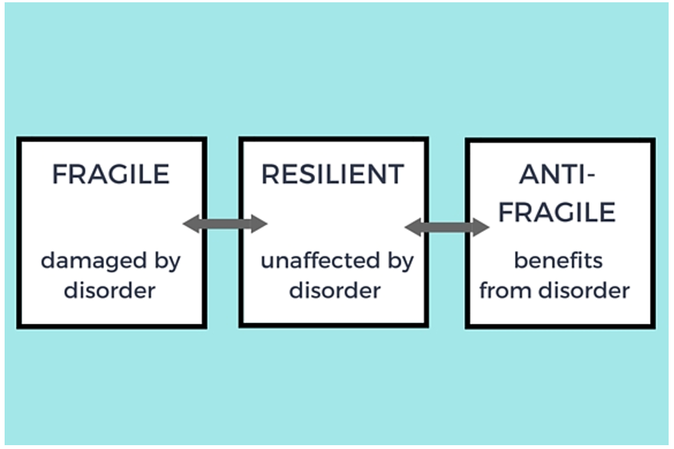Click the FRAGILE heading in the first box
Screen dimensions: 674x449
click(x=111, y=175)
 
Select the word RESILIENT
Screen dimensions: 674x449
click(x=333, y=175)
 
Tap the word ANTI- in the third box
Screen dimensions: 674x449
click(x=557, y=175)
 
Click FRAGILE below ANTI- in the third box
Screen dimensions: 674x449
click(x=557, y=211)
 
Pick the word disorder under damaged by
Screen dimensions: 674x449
click(x=110, y=291)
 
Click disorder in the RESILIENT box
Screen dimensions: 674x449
click(x=335, y=291)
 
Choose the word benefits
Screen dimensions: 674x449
click(x=559, y=261)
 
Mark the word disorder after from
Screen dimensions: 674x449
click(x=584, y=291)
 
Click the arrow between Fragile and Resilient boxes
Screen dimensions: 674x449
click(x=225, y=224)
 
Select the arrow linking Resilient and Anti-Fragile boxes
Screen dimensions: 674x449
click(x=447, y=227)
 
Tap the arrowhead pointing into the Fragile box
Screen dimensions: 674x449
click(x=191, y=224)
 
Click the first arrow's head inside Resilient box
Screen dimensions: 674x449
click(x=259, y=224)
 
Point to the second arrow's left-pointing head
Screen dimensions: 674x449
click(x=413, y=227)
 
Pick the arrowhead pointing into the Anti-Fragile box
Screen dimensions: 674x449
click(x=481, y=227)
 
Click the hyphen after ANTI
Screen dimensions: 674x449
click(x=590, y=176)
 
